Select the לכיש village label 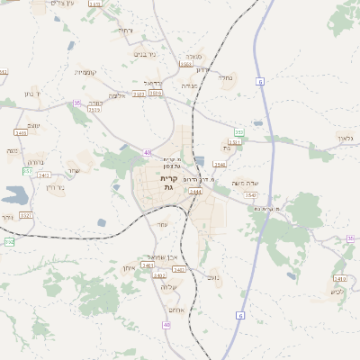(338, 291)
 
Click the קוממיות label (85, 72)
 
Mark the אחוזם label (176, 310)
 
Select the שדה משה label (246, 183)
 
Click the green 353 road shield (238, 132)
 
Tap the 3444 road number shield (195, 192)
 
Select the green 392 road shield (9, 242)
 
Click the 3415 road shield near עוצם (22, 132)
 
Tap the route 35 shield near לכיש (350, 238)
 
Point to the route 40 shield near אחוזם (166, 324)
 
